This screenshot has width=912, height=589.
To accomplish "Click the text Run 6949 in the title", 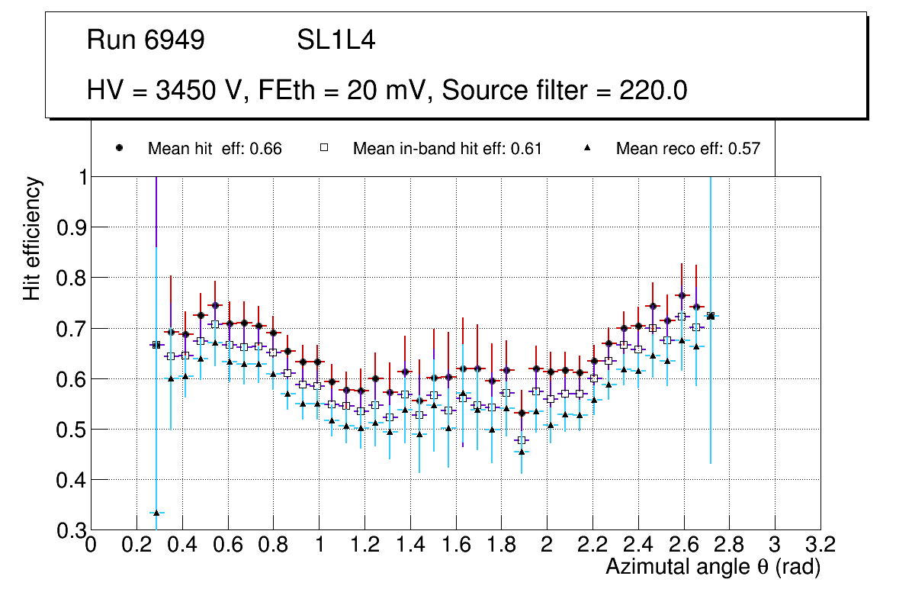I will [x=146, y=40].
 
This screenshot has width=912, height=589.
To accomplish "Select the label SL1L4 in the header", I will [x=336, y=40].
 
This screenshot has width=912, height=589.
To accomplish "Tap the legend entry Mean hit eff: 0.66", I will [x=214, y=149].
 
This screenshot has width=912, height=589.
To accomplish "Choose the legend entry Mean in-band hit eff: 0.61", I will [x=447, y=149].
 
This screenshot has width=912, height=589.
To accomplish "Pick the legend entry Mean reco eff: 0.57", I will [x=687, y=149].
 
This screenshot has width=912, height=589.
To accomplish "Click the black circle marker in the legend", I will [x=119, y=148].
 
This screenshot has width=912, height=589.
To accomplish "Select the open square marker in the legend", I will [x=324, y=148].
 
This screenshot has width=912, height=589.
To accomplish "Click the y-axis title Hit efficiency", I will [x=32, y=238].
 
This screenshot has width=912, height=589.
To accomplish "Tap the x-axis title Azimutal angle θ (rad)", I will [x=712, y=567].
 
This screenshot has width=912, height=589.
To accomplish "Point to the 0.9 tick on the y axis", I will [x=70, y=227].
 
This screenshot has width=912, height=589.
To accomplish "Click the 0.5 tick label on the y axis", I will [x=70, y=430].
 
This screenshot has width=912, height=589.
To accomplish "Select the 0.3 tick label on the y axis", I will [x=70, y=530].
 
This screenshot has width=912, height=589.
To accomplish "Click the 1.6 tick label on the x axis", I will [x=455, y=546].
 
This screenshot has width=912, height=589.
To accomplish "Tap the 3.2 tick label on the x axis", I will [x=820, y=546].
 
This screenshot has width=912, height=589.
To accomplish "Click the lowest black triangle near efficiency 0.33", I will [x=156, y=513].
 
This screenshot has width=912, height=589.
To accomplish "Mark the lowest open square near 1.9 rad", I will [x=522, y=440].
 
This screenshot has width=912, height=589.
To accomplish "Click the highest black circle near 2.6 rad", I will [x=682, y=295].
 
